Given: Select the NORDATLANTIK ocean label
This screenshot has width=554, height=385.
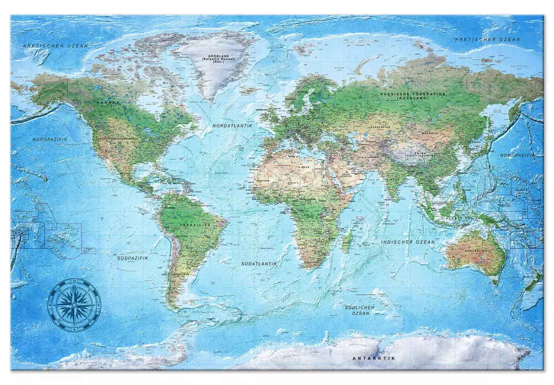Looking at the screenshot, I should click(232, 126).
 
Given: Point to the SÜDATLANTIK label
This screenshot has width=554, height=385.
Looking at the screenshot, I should click(259, 264).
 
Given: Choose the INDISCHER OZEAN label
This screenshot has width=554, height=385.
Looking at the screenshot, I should click(408, 242).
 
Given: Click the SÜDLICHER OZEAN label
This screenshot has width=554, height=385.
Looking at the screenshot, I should click(361, 310).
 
